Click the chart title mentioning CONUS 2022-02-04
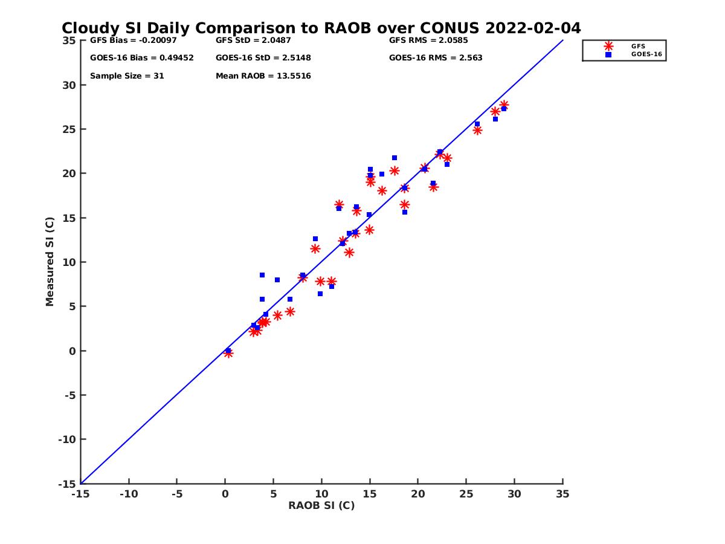click(321, 28)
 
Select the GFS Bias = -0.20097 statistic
click(130, 41)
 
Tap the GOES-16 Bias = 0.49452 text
click(141, 58)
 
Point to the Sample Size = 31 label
click(127, 76)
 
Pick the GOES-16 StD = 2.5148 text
click(263, 58)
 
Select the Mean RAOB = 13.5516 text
click(263, 76)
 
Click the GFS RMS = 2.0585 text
click(428, 41)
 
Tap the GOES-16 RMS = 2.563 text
click(436, 58)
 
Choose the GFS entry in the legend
click(638, 46)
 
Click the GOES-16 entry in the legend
click(647, 54)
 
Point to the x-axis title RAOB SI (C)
click(321, 505)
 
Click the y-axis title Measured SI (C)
click(50, 262)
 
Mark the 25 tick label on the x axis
click(466, 494)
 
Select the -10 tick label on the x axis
click(128, 494)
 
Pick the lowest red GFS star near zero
click(228, 353)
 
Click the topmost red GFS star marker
click(504, 105)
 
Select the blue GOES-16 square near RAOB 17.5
click(395, 158)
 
